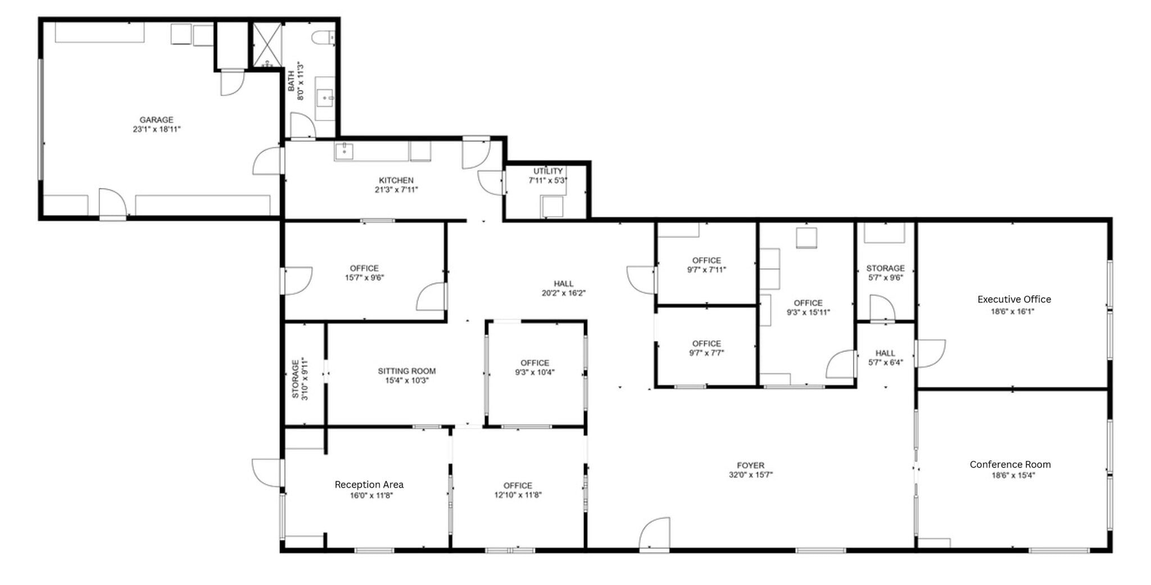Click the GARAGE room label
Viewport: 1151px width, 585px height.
(x=156, y=120)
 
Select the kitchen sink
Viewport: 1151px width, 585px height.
(x=343, y=151)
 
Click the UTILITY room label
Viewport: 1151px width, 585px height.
(x=548, y=171)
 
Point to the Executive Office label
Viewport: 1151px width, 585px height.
(x=1014, y=300)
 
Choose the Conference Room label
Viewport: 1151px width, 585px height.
(x=1010, y=465)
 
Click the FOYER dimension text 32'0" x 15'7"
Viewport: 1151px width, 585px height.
(x=751, y=475)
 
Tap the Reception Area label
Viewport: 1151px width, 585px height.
(x=369, y=485)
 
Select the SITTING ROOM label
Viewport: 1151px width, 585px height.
(x=406, y=371)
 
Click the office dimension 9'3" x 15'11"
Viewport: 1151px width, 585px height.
(x=808, y=313)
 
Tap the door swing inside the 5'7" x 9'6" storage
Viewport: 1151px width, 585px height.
(x=882, y=308)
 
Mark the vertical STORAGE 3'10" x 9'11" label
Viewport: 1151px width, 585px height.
(x=300, y=379)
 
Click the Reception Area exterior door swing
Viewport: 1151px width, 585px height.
(x=266, y=472)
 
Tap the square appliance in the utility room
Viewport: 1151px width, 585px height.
(x=552, y=206)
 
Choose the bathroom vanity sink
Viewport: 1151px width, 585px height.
(x=325, y=98)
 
